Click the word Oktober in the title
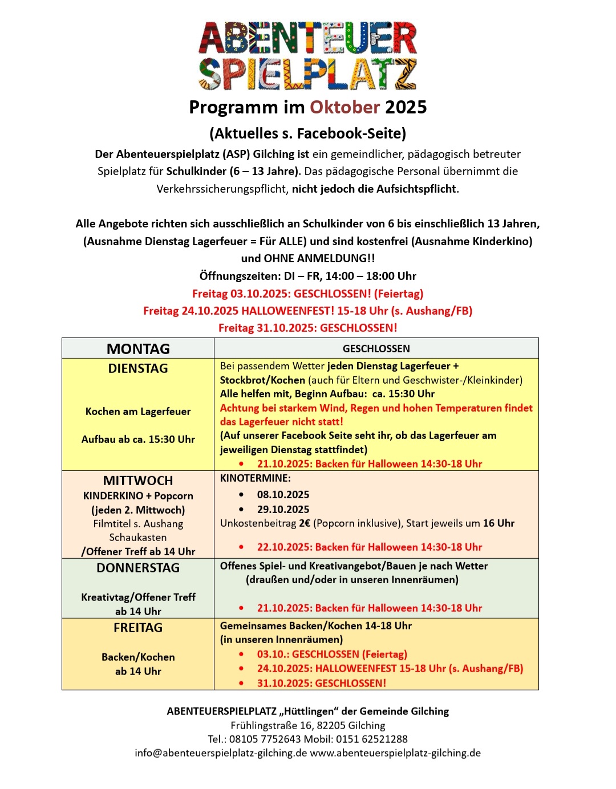(x=345, y=107)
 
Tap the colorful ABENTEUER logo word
(x=308, y=39)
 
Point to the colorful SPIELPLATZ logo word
(x=308, y=74)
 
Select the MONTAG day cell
(x=138, y=348)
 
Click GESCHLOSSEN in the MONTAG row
(x=376, y=348)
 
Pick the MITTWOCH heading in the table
(x=138, y=481)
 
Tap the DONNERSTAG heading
(x=138, y=568)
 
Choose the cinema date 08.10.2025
(x=283, y=494)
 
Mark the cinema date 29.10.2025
(x=283, y=509)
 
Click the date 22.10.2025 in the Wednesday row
(x=283, y=547)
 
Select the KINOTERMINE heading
(x=255, y=478)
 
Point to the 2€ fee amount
(x=305, y=523)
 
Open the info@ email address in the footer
(x=221, y=753)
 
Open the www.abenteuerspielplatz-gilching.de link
(x=395, y=753)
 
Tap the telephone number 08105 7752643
(x=265, y=739)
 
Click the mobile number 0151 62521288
(x=372, y=739)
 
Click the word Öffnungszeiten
(x=240, y=276)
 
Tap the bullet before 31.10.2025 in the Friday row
(x=241, y=683)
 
